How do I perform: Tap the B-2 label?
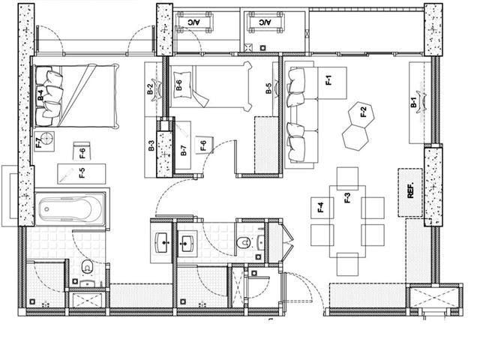click(150, 89)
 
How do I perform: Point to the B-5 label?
click(268, 88)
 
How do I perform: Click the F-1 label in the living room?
click(328, 80)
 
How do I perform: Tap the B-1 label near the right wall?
click(413, 104)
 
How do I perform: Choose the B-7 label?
click(184, 149)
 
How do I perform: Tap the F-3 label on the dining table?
click(347, 199)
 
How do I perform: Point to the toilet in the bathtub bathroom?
click(87, 267)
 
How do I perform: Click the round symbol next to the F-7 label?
click(48, 139)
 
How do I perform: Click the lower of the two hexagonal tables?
click(355, 136)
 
